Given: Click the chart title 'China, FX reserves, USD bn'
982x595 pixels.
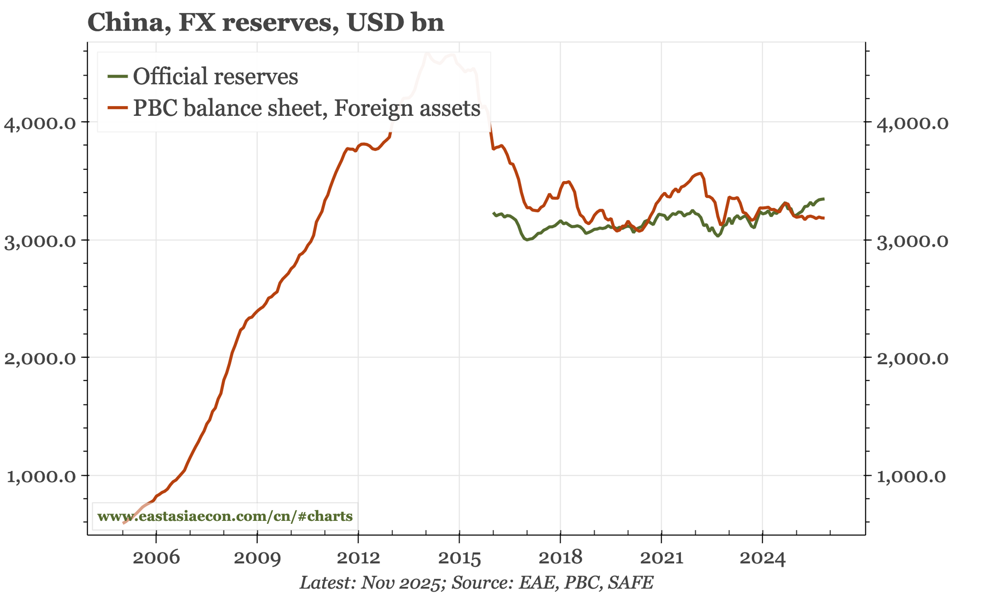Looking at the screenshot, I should click(x=266, y=23).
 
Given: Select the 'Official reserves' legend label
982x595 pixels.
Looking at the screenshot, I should click(x=215, y=77).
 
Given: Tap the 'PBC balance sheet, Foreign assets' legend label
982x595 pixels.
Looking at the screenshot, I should click(x=306, y=108).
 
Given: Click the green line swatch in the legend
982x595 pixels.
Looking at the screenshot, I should click(x=118, y=76).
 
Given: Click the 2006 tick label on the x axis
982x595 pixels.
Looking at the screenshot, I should click(x=156, y=558).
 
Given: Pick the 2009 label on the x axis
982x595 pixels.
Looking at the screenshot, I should click(x=257, y=558).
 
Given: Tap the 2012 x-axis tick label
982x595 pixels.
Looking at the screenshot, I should click(x=358, y=558).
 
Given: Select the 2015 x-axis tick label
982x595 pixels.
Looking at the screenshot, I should click(x=459, y=558).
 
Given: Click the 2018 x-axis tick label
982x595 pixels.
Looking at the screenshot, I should click(x=560, y=558).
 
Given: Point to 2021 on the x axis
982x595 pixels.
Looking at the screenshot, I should click(x=661, y=558).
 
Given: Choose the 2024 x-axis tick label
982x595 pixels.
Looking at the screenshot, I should click(x=762, y=558).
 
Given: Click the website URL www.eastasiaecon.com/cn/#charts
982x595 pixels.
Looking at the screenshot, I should click(x=225, y=516).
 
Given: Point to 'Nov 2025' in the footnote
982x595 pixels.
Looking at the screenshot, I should click(x=411, y=583).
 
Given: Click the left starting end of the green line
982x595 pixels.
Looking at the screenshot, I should click(x=493, y=213).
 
